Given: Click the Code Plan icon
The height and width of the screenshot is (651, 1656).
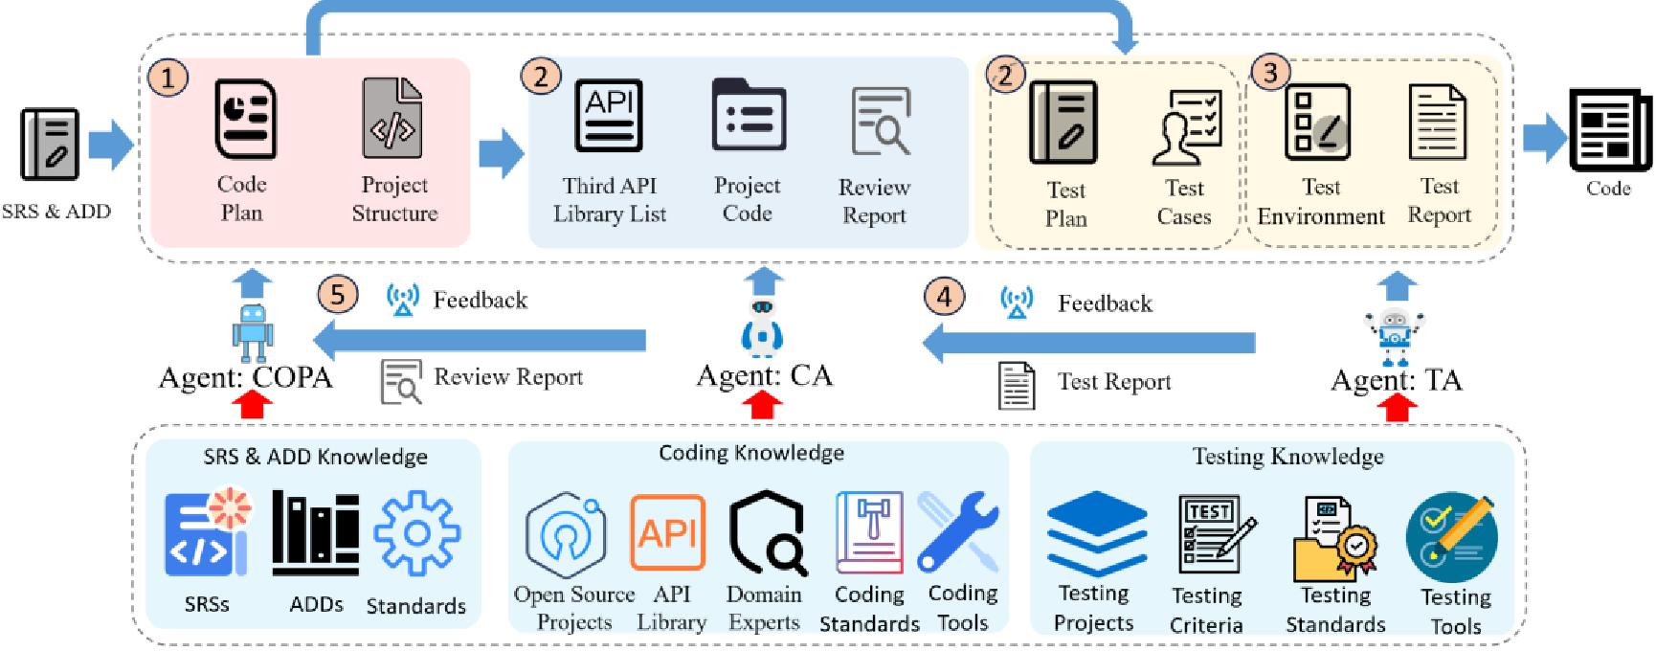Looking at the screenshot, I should (x=245, y=119).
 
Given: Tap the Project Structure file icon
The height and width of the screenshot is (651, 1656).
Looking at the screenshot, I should (x=392, y=119).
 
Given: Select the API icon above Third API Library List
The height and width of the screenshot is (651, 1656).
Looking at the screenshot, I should (x=609, y=116).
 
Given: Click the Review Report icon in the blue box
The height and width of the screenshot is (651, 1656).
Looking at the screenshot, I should (x=880, y=122).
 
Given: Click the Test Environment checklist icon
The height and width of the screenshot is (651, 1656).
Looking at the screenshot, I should (x=1318, y=123).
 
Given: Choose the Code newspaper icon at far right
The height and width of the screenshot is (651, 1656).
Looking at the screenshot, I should (x=1610, y=130).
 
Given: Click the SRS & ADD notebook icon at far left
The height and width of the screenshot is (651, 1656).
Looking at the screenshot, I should (x=50, y=144).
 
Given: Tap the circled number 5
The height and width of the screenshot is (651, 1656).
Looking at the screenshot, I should (x=337, y=294).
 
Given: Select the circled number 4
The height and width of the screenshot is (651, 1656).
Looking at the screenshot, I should (x=944, y=297).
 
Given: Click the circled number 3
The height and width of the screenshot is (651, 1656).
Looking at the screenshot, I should (x=1270, y=73).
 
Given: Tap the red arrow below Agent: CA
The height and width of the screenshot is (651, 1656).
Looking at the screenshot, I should (x=762, y=406).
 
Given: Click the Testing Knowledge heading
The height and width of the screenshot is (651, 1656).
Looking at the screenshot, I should (x=1287, y=457).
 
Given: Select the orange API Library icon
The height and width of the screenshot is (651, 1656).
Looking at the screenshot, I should (x=667, y=532).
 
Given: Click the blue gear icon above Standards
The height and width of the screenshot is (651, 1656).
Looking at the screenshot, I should (x=416, y=533).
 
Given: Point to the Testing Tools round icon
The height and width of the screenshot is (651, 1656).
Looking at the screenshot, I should (x=1451, y=537).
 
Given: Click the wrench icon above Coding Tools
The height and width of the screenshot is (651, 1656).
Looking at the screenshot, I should (x=957, y=531).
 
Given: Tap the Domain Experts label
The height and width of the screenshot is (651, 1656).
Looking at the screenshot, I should (x=763, y=608).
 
